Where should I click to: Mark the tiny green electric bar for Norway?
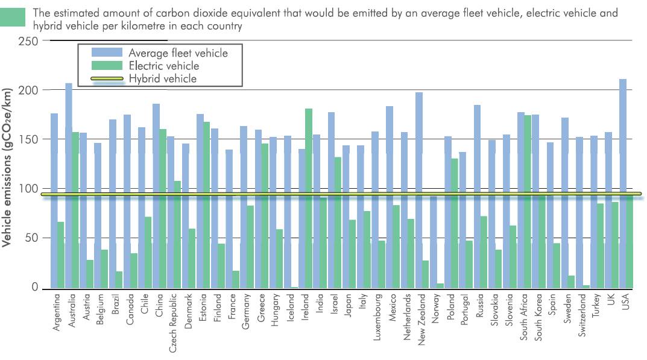(x=441, y=285)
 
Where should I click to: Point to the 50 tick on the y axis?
(x=31, y=238)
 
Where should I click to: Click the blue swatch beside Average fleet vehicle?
(x=106, y=53)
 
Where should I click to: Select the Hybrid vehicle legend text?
(x=162, y=79)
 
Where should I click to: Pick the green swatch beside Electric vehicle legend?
(x=106, y=66)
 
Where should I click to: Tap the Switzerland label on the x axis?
(x=582, y=323)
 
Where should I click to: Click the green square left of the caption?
(x=13, y=17)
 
